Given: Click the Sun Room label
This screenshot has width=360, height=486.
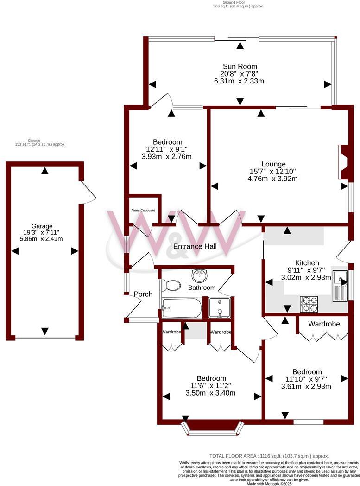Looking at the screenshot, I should coord(239,66).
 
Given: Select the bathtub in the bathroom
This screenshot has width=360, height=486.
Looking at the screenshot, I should coord(182,307).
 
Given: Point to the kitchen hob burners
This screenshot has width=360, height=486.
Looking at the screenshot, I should coord(309,304).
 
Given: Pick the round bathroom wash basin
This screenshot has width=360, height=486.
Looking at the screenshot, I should coord(200,276).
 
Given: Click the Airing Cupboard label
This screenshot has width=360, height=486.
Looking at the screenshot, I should coord(143,210).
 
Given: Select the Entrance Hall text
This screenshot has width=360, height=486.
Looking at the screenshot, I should coord(195,246).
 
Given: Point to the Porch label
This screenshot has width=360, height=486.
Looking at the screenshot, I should coord(143,294).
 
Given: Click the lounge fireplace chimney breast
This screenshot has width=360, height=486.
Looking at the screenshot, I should coord(344,162).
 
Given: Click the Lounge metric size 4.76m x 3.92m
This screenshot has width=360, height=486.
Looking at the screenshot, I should coord(273,178).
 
